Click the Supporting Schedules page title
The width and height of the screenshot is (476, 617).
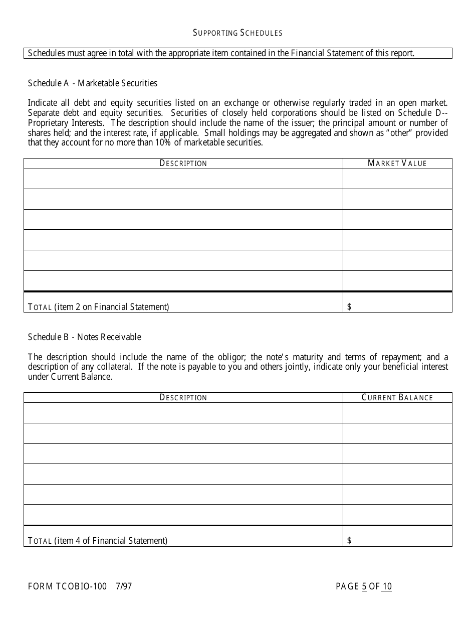(x=237, y=33)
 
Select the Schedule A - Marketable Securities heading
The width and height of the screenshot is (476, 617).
(x=93, y=83)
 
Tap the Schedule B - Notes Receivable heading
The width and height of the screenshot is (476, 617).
(x=85, y=337)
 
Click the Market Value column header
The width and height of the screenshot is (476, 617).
(x=397, y=164)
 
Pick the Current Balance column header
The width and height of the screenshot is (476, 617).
(x=397, y=398)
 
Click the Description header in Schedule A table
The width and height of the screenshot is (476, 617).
(x=183, y=164)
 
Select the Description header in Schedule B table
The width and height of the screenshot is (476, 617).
(x=183, y=398)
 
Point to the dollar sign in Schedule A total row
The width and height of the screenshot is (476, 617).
(x=349, y=307)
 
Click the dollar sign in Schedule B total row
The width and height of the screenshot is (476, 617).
(x=349, y=541)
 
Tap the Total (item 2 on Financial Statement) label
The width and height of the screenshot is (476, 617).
(x=98, y=307)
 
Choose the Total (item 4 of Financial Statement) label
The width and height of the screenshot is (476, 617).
(x=98, y=541)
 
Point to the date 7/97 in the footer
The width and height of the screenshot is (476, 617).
(x=124, y=586)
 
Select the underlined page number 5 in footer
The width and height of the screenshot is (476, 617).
(x=364, y=586)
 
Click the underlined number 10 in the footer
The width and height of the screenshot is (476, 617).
(x=387, y=586)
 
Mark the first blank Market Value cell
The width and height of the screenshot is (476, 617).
(x=397, y=179)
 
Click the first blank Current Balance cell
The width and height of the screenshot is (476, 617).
(x=397, y=413)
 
